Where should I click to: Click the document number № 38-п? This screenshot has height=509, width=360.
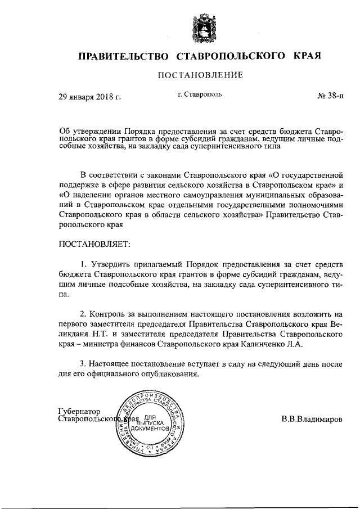pyautogui.click(x=326, y=97)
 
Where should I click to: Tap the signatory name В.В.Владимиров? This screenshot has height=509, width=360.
pyautogui.click(x=312, y=420)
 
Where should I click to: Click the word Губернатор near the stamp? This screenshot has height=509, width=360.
pyautogui.click(x=78, y=411)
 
